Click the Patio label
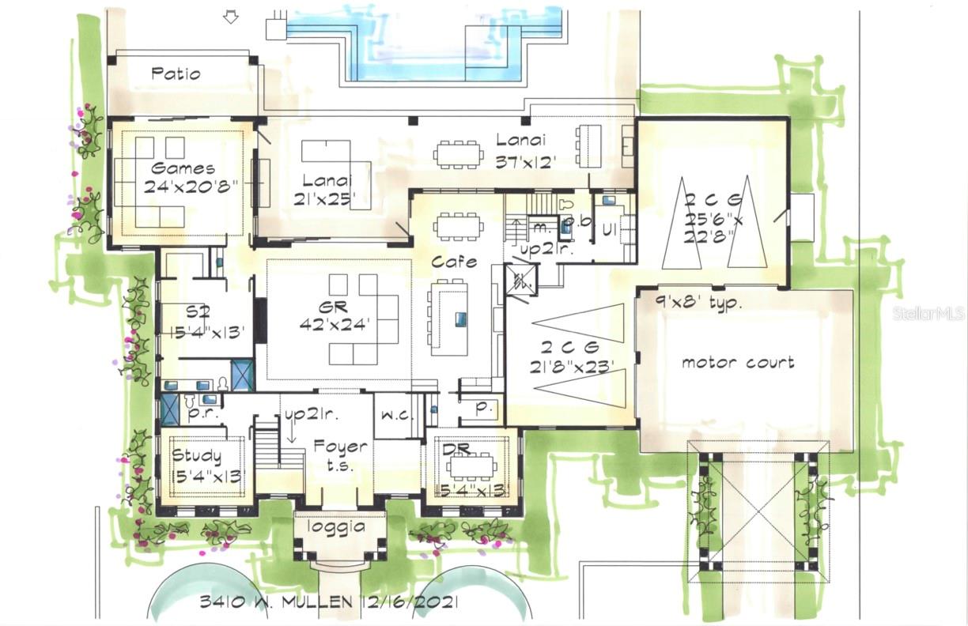click(x=176, y=74)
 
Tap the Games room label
click(x=183, y=168)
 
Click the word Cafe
click(x=454, y=262)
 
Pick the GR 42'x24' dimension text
click(x=336, y=325)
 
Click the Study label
click(x=197, y=456)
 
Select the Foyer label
click(x=340, y=447)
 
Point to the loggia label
click(x=339, y=527)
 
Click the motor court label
click(x=738, y=363)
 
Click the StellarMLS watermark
click(x=929, y=314)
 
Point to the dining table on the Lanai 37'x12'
click(x=458, y=153)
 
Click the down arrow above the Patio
click(x=231, y=16)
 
